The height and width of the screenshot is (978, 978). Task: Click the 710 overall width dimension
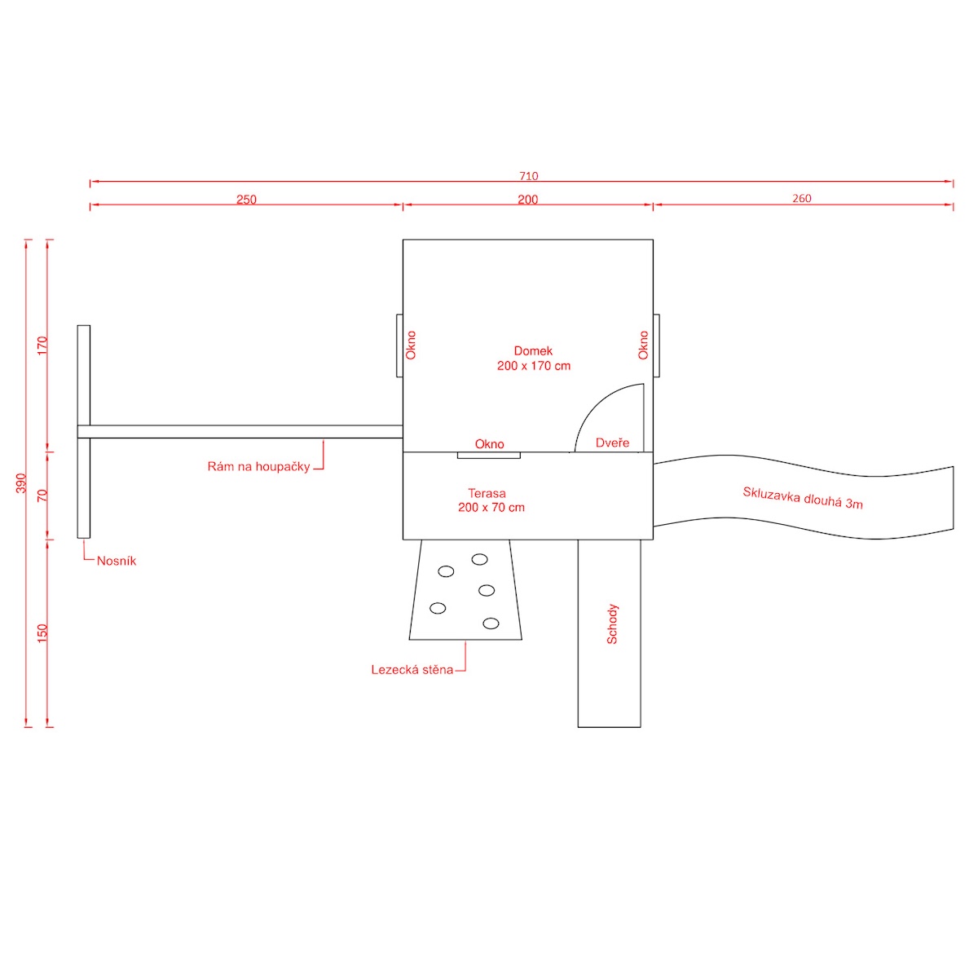point(528,176)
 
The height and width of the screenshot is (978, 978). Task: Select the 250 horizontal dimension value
point(246,200)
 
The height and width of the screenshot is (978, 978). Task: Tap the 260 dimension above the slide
point(802,199)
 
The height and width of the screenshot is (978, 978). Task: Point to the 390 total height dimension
point(21,482)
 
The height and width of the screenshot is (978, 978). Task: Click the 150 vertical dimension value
point(42,632)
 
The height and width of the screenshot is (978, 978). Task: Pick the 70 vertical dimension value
point(42,495)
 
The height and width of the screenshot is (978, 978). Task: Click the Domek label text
point(533,351)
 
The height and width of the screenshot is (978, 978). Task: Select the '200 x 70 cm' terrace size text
point(491,507)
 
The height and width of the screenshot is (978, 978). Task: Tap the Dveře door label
point(612,443)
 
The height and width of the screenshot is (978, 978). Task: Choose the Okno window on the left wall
point(400,346)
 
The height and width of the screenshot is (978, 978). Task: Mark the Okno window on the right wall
point(656,346)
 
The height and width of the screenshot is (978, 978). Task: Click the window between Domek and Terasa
point(488,455)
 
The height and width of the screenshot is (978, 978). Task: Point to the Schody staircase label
point(612,624)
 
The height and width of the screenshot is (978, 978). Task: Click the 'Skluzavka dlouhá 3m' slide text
point(803,498)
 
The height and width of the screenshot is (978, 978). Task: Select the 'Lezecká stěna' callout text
point(412,670)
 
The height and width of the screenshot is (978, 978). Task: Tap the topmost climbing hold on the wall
point(479,559)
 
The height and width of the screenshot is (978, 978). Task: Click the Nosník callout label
point(117,561)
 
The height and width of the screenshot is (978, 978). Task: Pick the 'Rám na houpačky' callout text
point(258,467)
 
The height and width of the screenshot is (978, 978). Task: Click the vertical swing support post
point(84,431)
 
